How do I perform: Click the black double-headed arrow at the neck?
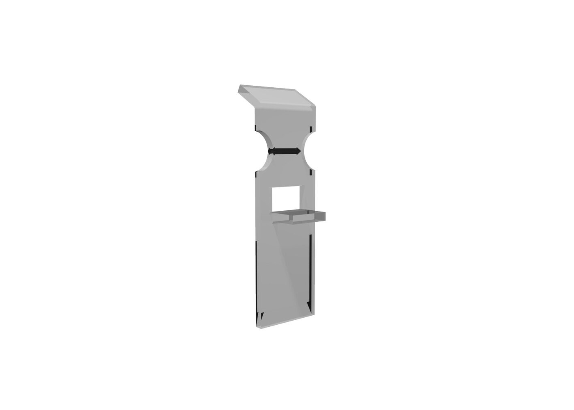[284, 151]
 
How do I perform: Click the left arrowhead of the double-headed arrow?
[271, 151]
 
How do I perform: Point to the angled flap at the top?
[279, 97]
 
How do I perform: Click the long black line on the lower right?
[310, 271]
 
